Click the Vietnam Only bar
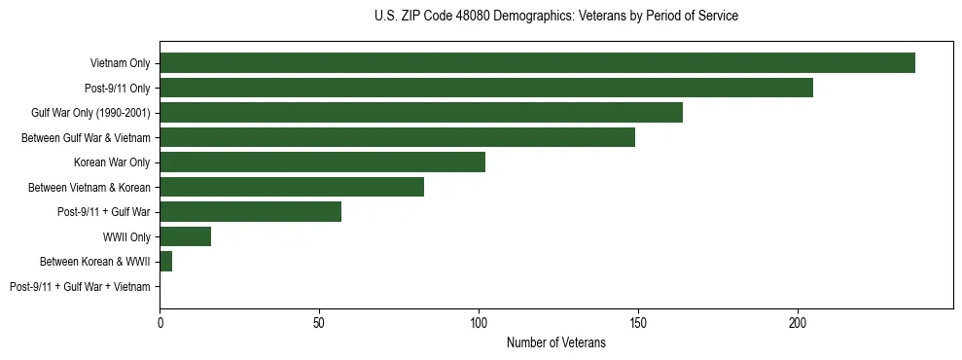(x=537, y=63)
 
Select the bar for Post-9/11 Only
(x=486, y=88)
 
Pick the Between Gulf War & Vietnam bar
(x=397, y=137)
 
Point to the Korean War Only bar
(x=322, y=162)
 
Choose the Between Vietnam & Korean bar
(x=292, y=187)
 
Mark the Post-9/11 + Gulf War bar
(x=250, y=212)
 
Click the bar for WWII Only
(x=185, y=236)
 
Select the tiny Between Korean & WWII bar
(x=165, y=262)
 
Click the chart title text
(x=555, y=17)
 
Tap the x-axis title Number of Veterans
(x=555, y=342)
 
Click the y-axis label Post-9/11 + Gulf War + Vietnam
(x=80, y=287)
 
